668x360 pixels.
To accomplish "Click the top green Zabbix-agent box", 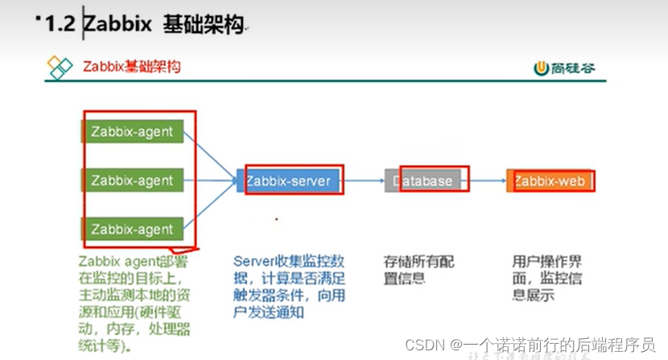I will click(133, 130).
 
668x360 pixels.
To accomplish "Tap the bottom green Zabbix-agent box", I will click(133, 229).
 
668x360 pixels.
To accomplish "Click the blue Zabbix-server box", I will click(288, 180).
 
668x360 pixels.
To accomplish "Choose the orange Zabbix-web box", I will click(550, 180).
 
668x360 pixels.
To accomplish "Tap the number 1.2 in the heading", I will click(60, 26).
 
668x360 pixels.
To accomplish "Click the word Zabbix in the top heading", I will click(118, 26).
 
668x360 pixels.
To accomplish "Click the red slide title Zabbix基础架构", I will click(132, 67).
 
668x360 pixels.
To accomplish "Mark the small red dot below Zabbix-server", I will click(277, 219).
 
